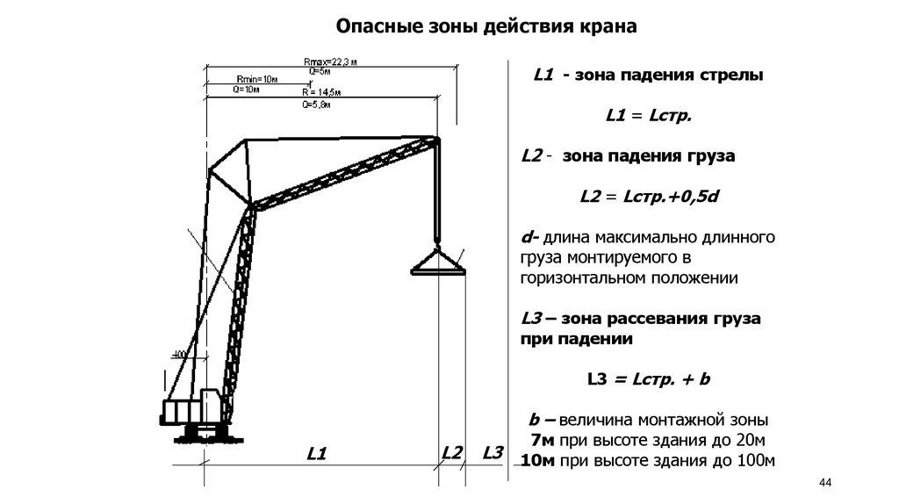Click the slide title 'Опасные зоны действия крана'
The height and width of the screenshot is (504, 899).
(486, 27)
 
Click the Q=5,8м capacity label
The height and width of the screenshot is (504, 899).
(317, 104)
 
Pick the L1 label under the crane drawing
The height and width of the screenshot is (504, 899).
(317, 454)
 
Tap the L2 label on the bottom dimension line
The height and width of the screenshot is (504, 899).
(452, 453)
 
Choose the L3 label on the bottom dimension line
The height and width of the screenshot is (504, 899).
(493, 453)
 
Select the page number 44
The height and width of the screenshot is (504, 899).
(823, 483)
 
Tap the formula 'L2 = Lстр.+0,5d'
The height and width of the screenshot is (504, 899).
(649, 197)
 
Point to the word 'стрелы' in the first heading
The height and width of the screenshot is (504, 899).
(730, 76)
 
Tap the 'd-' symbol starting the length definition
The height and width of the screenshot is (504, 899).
(530, 237)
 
